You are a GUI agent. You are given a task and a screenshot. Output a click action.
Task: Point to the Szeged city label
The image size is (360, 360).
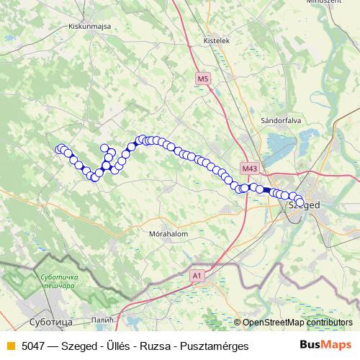[303, 204]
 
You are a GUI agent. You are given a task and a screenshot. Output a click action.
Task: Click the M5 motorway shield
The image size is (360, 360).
[202, 78]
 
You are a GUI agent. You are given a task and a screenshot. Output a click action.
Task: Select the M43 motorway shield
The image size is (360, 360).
[250, 168]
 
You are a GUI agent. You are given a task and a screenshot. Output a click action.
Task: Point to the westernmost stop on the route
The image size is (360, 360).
[60, 149]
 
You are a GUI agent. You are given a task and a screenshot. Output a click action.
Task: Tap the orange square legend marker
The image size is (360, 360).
[10, 346]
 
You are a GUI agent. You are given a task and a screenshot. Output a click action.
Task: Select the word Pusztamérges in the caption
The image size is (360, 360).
[215, 346]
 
